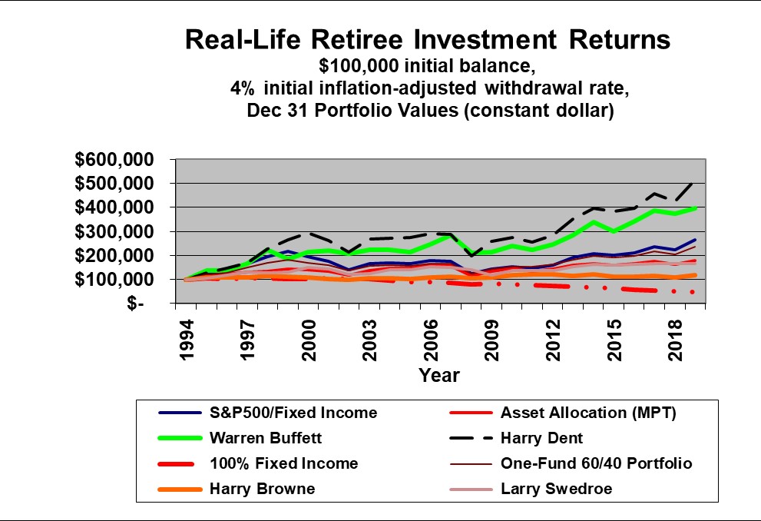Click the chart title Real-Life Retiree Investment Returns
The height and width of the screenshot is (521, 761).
coord(428,40)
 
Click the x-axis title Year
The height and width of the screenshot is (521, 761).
coord(439,375)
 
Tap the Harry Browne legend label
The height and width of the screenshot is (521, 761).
coord(262,489)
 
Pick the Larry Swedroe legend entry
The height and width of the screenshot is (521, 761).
coord(557,489)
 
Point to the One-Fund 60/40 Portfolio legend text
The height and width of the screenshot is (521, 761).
coord(596,463)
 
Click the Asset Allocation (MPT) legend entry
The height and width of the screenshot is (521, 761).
coord(588,413)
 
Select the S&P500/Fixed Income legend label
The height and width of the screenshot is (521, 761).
coord(294,413)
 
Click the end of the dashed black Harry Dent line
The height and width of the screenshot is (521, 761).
coord(694,182)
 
